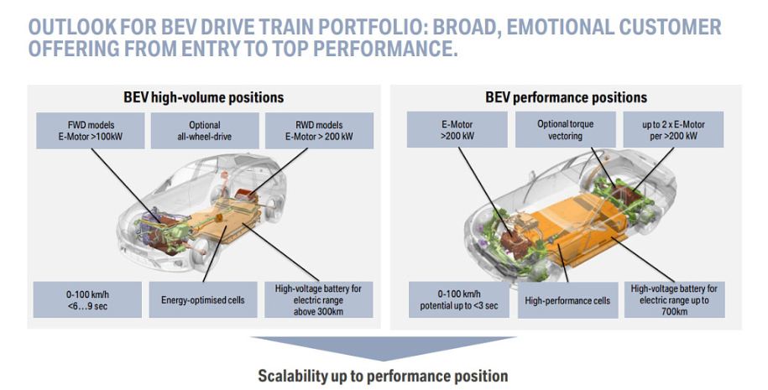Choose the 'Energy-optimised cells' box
pyautogui.click(x=202, y=299)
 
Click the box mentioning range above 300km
pyautogui.click(x=318, y=299)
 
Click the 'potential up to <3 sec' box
pyautogui.click(x=457, y=299)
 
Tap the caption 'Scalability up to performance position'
pyautogui.click(x=383, y=375)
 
